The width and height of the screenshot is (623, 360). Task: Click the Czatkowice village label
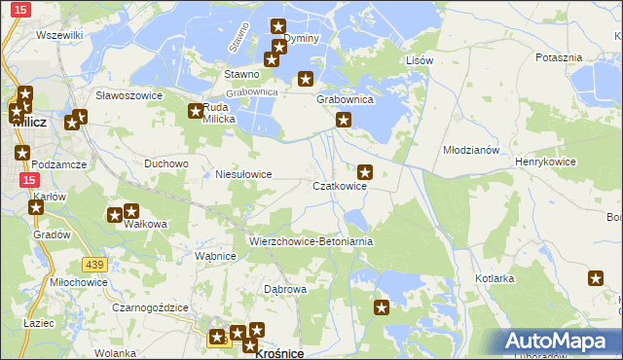pos(339,186)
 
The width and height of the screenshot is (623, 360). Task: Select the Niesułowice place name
pos(243,174)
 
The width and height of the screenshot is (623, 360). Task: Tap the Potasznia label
pos(559,57)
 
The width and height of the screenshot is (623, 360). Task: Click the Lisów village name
pos(419,60)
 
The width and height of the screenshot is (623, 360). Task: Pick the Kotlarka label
pos(495,278)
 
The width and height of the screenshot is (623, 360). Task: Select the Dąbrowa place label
pos(286,289)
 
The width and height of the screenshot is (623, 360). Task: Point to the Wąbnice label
pos(216,256)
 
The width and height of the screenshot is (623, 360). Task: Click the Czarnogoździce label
pos(149,306)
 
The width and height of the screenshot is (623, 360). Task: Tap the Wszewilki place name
pos(59,35)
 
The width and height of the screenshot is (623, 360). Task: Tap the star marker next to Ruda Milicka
pos(195,110)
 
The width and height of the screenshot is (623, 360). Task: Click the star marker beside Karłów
pos(37,206)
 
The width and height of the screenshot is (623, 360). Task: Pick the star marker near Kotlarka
pos(596,279)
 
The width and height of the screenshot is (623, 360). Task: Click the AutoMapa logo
pos(560,342)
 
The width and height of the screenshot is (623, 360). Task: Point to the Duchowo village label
pos(165,163)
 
